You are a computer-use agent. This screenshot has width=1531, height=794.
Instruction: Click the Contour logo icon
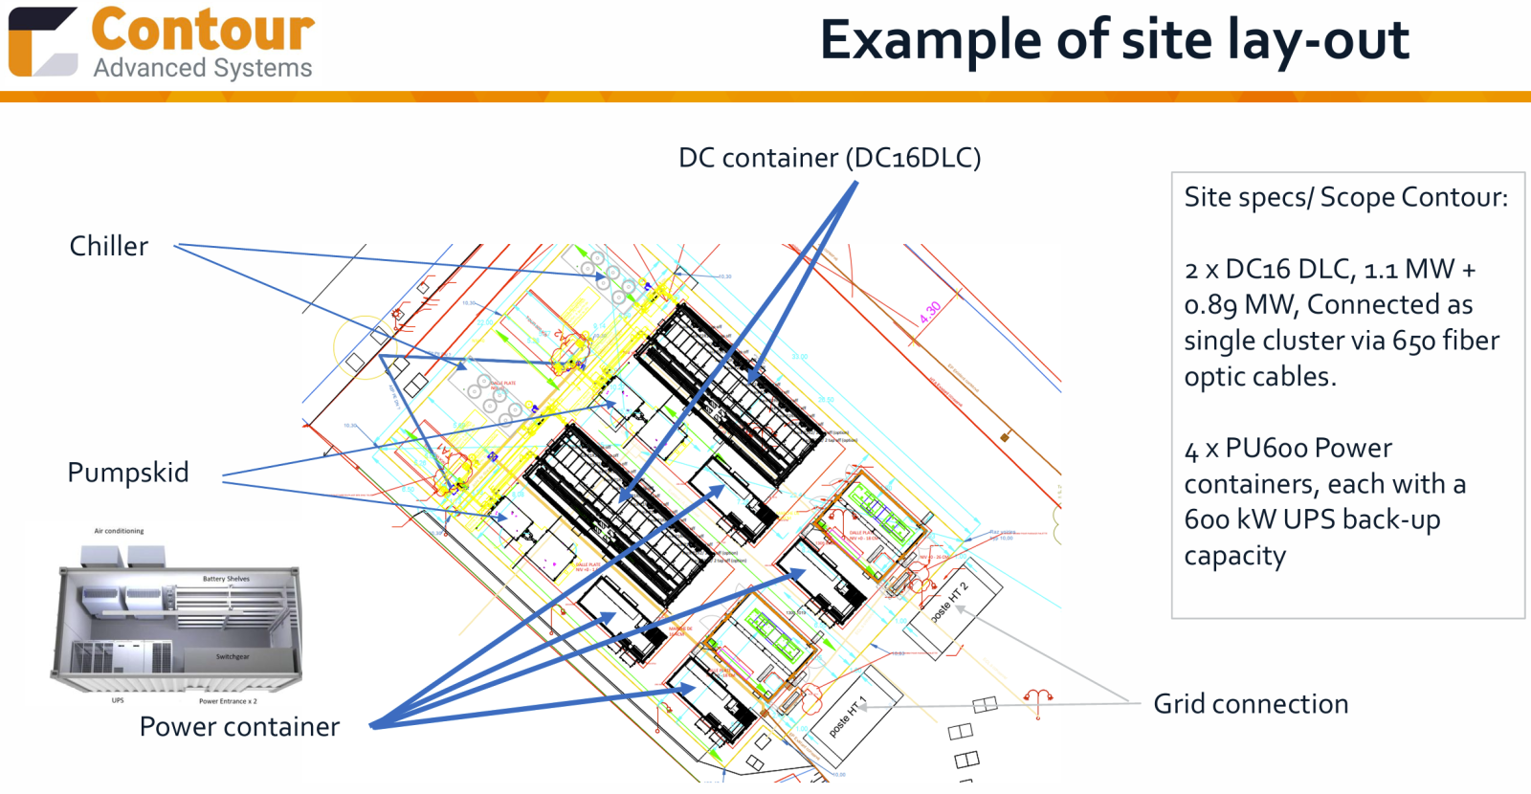click(x=42, y=42)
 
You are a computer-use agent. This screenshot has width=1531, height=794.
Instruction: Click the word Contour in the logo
click(x=203, y=30)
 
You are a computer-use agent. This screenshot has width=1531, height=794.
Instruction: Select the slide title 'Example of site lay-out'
click(x=1114, y=40)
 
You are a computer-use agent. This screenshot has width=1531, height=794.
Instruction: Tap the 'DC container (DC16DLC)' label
click(x=830, y=158)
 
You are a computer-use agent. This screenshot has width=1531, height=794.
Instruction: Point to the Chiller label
click(x=109, y=247)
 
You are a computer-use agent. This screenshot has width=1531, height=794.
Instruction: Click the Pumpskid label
click(x=128, y=473)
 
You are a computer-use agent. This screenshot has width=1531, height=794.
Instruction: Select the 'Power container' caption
click(x=239, y=727)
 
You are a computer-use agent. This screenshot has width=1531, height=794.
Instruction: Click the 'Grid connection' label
click(x=1251, y=704)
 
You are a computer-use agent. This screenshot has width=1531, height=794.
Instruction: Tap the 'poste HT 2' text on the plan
click(x=949, y=602)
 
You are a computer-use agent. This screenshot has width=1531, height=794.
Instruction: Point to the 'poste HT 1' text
click(x=847, y=717)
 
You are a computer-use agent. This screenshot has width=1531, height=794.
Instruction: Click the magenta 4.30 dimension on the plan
click(x=930, y=312)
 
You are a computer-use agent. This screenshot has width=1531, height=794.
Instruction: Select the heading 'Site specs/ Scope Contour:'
click(x=1345, y=198)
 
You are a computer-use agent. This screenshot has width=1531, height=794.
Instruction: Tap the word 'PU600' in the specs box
click(x=1266, y=449)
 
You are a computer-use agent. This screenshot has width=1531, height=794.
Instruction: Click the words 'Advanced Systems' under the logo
click(x=203, y=69)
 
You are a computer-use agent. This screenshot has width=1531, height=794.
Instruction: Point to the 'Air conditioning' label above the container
click(x=119, y=531)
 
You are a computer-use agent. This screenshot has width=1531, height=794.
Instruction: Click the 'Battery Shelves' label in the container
click(x=226, y=579)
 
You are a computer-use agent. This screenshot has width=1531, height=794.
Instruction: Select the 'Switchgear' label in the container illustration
click(x=233, y=657)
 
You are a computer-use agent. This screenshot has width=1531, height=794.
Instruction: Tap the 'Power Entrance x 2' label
click(x=228, y=701)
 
